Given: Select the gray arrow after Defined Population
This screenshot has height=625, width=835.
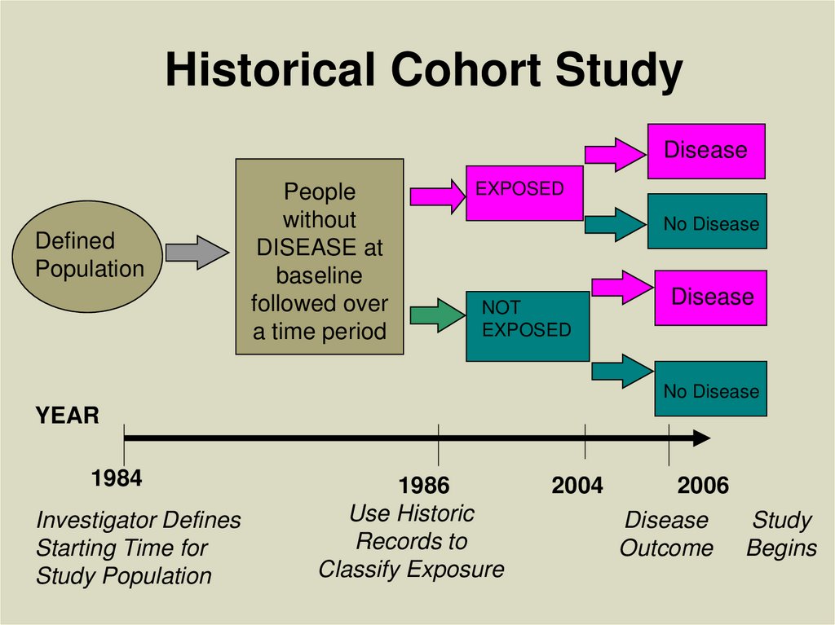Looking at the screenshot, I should (197, 253).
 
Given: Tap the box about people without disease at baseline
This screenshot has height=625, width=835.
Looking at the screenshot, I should (320, 257).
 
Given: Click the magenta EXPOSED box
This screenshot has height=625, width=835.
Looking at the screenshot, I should (524, 193).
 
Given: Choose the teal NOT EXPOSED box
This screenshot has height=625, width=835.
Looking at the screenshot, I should (527, 326).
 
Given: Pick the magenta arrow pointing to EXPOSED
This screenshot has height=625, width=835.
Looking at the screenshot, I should (436, 196).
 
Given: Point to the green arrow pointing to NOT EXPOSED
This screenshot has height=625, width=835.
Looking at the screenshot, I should (436, 315).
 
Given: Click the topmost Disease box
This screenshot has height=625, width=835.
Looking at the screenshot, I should (706, 151).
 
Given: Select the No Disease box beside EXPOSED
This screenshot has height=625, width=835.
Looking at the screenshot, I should (708, 222).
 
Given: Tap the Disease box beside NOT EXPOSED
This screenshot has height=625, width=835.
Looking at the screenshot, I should (710, 297).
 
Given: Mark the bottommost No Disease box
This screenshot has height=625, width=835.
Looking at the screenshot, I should (710, 390).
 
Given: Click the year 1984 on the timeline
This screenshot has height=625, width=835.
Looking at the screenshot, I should (117, 478).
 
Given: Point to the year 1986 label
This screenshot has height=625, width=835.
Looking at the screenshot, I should (423, 486).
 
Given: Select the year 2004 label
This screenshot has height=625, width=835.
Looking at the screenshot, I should (577, 486).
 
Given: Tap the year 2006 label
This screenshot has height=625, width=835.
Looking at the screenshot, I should (703, 486).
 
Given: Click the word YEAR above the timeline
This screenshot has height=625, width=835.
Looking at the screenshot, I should (67, 416).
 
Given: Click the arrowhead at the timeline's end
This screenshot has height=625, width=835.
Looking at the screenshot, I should (701, 438).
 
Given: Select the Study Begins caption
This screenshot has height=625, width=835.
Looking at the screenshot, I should (781, 534).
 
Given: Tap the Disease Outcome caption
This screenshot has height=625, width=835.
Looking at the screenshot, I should (666, 534).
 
